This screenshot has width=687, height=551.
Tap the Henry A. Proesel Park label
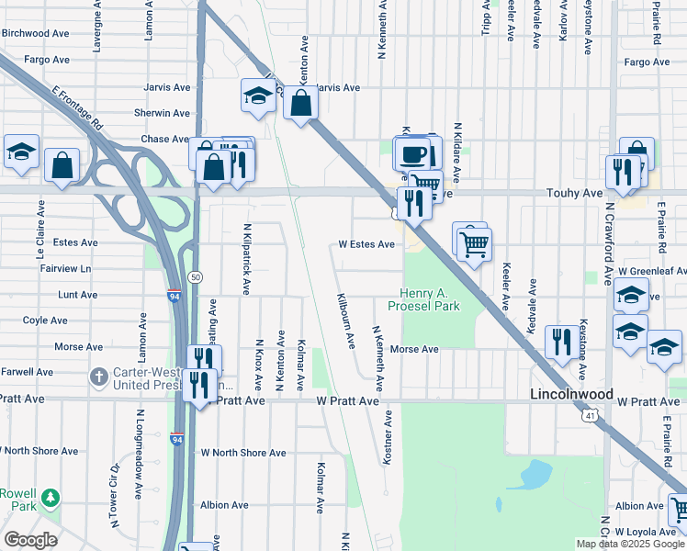(x=423, y=298)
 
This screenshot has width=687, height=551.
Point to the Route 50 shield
(x=195, y=276)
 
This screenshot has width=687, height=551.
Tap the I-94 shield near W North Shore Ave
(x=176, y=440)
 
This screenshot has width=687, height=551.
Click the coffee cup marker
(x=412, y=152)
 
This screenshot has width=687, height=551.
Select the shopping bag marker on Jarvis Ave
(x=300, y=103)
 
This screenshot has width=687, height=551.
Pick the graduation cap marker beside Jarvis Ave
(x=259, y=95)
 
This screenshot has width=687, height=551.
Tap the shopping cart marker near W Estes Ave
(x=475, y=243)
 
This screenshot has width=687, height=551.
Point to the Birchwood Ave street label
(x=36, y=33)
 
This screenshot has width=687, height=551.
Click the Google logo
(x=31, y=540)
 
